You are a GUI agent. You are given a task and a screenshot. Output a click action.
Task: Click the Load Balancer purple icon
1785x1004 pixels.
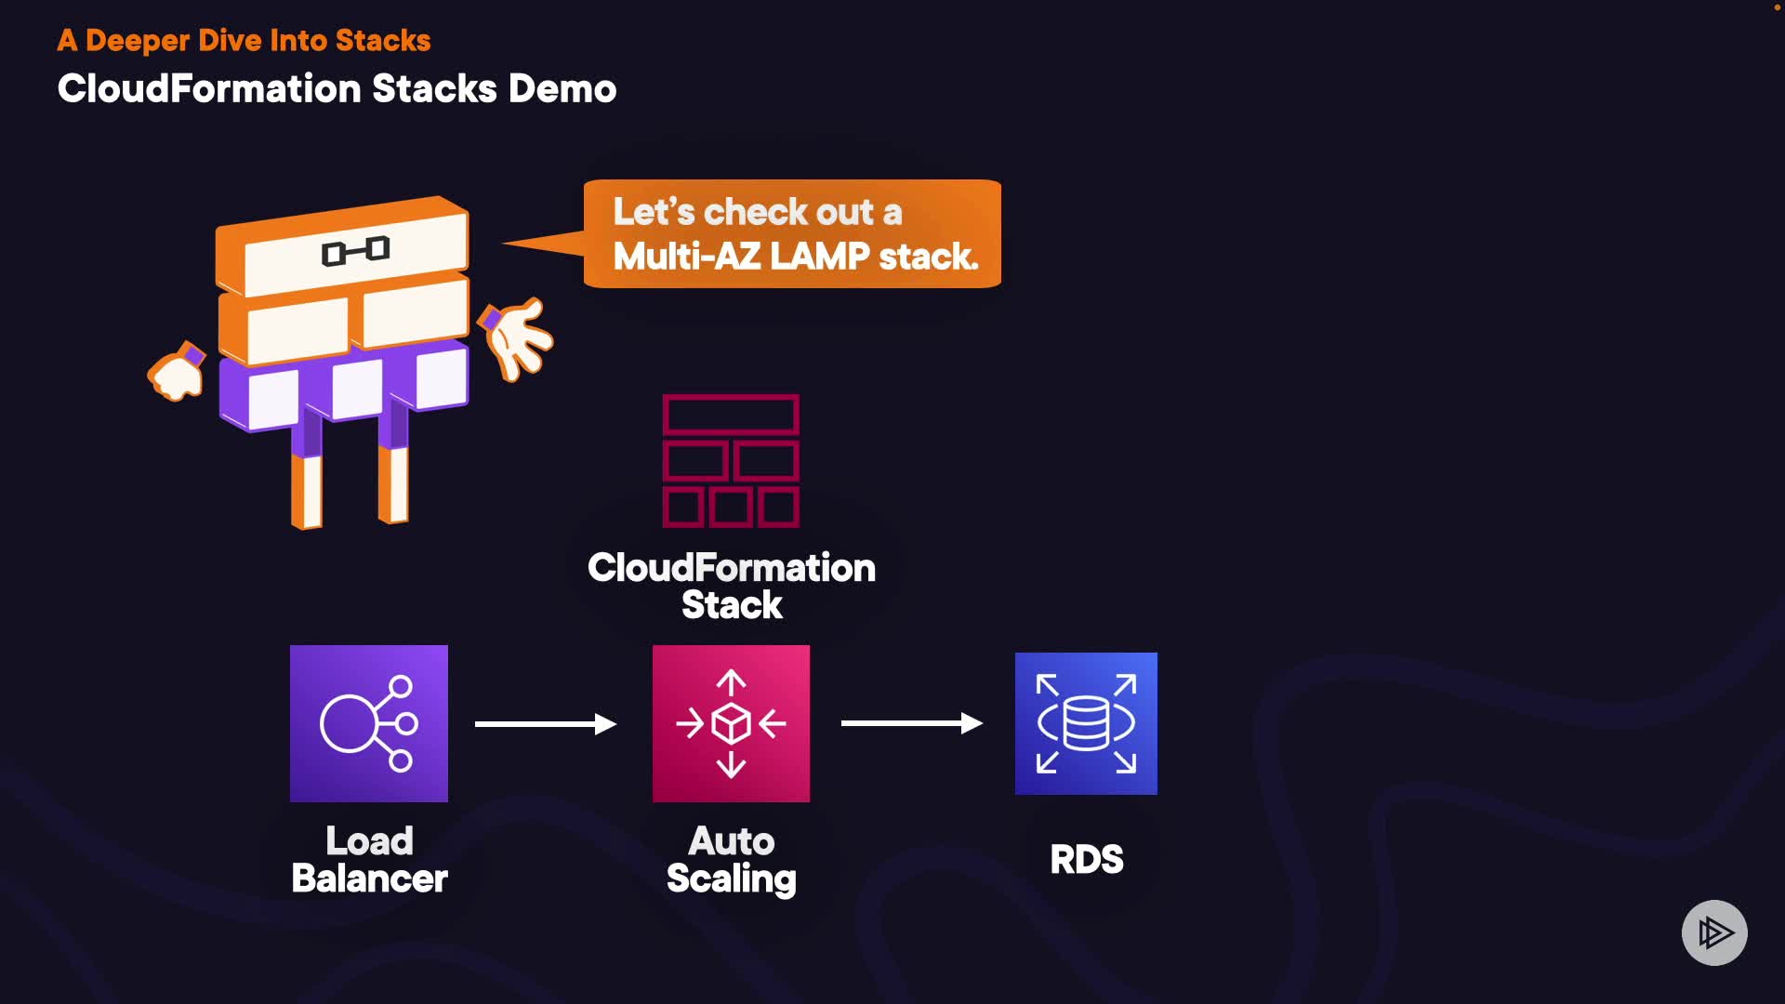coord(368,723)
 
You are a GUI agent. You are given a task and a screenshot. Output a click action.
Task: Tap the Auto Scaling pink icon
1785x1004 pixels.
coord(731,723)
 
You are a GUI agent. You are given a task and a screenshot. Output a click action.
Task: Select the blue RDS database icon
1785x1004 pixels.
coord(1086,723)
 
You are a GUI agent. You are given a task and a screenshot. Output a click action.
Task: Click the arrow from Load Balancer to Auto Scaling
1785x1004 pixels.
coord(545,723)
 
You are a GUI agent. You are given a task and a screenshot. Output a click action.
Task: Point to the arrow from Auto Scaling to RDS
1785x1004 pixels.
coord(911,723)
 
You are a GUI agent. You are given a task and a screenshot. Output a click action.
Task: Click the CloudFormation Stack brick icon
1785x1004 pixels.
coord(731,461)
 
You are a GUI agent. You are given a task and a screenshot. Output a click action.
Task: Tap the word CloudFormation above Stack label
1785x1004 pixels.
coord(731,568)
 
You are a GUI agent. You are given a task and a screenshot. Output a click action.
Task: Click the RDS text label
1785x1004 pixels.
coord(1086,860)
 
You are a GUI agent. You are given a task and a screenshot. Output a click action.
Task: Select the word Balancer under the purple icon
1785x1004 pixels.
coord(369,878)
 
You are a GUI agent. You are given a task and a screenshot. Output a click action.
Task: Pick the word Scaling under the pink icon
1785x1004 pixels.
coord(731,879)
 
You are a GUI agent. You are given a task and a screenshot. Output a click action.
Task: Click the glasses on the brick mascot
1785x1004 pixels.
coord(355,251)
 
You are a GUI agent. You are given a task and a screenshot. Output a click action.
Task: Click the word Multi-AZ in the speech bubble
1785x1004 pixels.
coord(686,257)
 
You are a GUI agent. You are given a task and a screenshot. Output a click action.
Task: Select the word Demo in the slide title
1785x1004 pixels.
coord(562,89)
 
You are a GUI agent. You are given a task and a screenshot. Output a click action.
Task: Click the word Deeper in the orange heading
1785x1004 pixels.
coord(138,41)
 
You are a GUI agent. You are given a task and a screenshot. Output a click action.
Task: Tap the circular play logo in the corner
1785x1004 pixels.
coord(1714,932)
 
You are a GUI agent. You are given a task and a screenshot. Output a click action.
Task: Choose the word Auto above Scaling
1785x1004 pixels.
coord(731,841)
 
